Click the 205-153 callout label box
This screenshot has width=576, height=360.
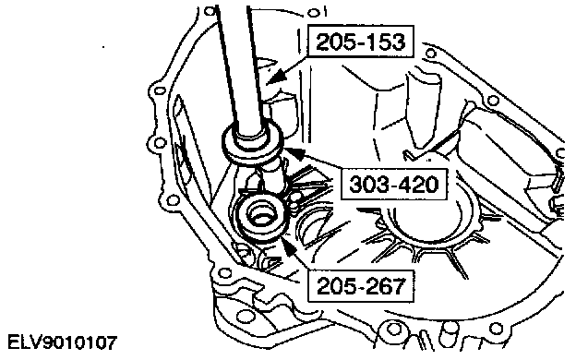361,42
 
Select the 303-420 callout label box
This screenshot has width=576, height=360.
394,184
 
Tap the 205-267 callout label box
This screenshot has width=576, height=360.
361,286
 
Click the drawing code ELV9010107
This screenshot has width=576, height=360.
62,342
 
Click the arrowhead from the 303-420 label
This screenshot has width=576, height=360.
295,153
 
